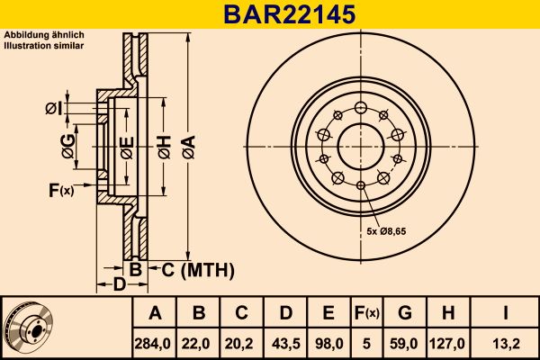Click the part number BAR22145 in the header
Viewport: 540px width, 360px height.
(x=269, y=14)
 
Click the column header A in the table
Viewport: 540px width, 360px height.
(x=154, y=313)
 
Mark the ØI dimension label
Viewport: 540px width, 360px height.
(x=53, y=109)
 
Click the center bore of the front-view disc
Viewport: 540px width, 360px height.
(x=359, y=144)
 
